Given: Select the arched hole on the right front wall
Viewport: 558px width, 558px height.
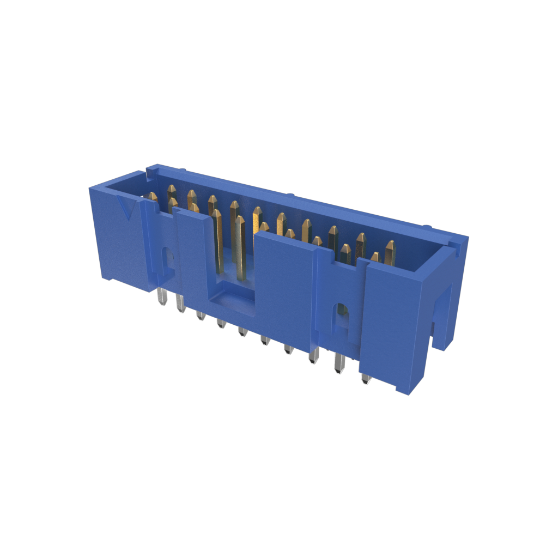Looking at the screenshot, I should [x=341, y=316].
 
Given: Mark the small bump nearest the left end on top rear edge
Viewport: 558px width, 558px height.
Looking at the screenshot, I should [x=183, y=171].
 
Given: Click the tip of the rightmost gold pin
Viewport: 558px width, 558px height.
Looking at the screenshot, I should [x=390, y=245].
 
